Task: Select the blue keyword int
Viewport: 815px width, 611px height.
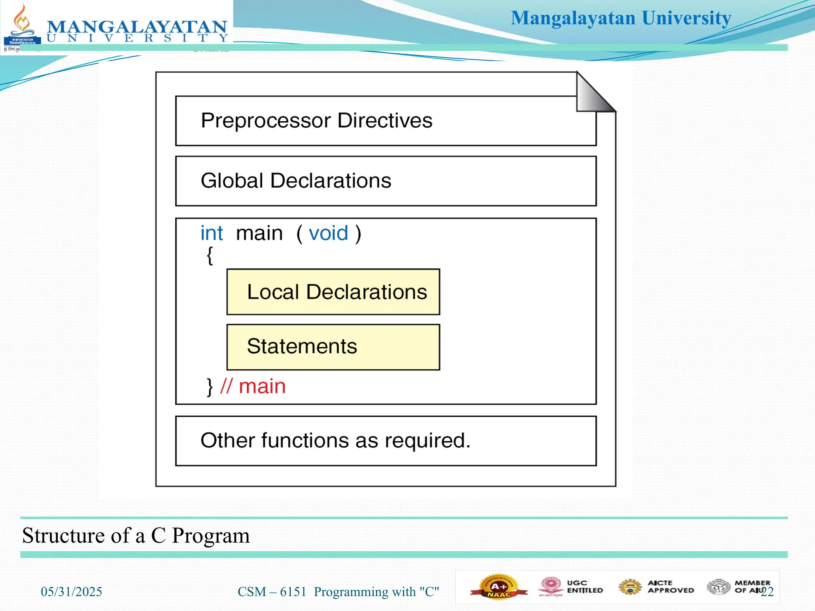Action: [x=211, y=234]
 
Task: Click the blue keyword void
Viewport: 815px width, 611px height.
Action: [x=328, y=234]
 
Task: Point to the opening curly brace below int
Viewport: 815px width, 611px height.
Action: [x=210, y=255]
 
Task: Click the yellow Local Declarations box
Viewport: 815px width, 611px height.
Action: [x=333, y=292]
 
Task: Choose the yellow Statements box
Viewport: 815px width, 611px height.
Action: [x=333, y=347]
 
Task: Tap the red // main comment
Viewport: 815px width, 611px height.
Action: [x=253, y=386]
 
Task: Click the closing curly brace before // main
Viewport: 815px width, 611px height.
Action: [x=210, y=387]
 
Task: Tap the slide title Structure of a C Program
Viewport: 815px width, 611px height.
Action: [x=136, y=535]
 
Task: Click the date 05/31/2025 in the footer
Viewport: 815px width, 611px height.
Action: [x=72, y=592]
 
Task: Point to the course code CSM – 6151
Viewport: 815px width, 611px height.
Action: [x=272, y=592]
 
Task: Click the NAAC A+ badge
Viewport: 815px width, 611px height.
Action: [x=499, y=587]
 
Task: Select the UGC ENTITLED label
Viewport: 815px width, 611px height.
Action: [x=584, y=587]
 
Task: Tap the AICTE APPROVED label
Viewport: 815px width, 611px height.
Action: [x=670, y=587]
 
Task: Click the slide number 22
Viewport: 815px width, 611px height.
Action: [x=767, y=592]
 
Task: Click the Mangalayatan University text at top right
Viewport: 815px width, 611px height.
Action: [x=621, y=18]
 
